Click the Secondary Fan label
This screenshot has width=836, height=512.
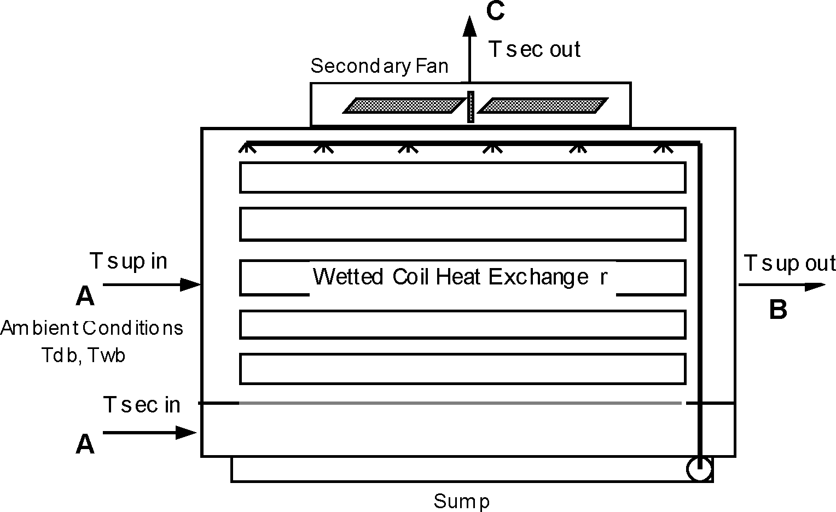(379, 66)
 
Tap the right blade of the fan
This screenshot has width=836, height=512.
(542, 106)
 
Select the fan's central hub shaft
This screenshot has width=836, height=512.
(471, 107)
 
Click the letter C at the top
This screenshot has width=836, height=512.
(495, 11)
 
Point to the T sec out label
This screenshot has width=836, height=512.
(534, 49)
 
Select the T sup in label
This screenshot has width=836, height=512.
(128, 261)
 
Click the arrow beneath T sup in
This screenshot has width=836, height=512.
(152, 284)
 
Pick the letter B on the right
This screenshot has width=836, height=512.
(777, 310)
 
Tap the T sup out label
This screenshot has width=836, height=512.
(789, 264)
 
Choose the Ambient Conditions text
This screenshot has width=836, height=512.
(91, 328)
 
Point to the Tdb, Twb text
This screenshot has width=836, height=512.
(84, 355)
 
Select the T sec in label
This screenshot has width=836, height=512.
(142, 405)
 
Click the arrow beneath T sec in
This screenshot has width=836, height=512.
(149, 433)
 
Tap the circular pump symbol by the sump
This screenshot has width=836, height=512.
(699, 469)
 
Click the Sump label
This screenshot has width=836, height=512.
(461, 501)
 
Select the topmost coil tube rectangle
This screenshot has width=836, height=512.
(462, 177)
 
